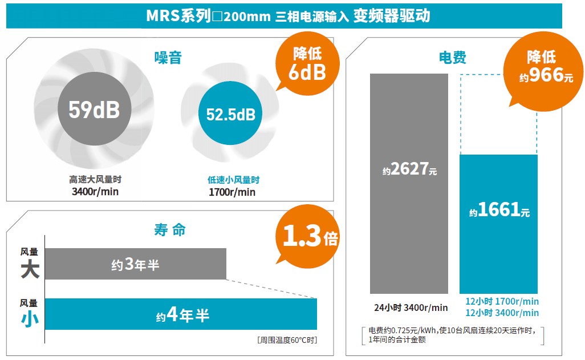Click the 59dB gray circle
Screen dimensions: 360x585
point(94,110)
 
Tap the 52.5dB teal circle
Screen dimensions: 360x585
point(230,115)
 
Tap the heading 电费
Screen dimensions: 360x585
point(452,57)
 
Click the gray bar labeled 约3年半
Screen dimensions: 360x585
point(136,264)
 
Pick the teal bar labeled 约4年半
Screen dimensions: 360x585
point(181,314)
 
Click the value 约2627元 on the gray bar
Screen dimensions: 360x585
point(409,170)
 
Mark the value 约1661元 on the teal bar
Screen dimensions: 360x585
point(499,211)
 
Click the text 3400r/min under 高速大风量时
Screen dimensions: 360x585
point(95,191)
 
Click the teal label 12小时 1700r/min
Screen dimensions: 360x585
point(502,301)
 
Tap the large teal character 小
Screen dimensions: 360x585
point(30,320)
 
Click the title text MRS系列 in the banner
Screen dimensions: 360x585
point(178,16)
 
